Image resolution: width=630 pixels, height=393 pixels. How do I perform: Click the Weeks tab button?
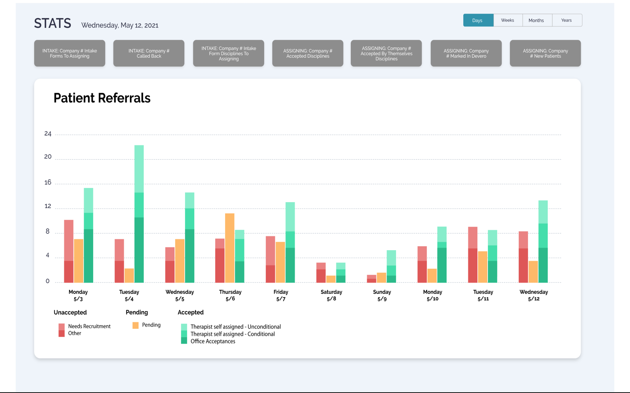coord(507,20)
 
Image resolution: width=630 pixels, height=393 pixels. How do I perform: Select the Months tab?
coord(536,20)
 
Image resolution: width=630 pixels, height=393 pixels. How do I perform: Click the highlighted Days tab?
coord(478,20)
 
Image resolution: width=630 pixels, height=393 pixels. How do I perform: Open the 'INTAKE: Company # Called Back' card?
coord(149,53)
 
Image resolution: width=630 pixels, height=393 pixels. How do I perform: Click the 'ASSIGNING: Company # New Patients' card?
coord(545,53)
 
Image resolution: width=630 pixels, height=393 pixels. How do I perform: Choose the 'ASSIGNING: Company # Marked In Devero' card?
coord(466,53)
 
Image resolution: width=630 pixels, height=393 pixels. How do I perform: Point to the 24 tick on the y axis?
coord(48,134)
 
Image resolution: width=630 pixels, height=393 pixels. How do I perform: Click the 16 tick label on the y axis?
coord(48,183)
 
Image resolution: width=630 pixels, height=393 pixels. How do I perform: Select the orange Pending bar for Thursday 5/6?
coord(230,248)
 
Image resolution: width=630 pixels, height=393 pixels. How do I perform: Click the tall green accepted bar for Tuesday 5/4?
coord(139,214)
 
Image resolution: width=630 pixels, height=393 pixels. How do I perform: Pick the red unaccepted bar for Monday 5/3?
coord(69,251)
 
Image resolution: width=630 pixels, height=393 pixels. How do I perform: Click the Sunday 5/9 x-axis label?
coord(382,295)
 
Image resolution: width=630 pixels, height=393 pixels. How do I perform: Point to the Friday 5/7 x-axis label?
coord(281,295)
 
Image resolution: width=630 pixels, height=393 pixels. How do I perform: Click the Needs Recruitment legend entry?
coord(89,326)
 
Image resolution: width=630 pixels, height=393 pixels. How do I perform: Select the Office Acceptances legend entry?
coord(213,341)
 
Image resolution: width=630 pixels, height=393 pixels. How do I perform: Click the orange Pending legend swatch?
coord(135,325)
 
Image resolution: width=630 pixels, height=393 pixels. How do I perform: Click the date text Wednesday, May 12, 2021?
coord(120,25)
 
